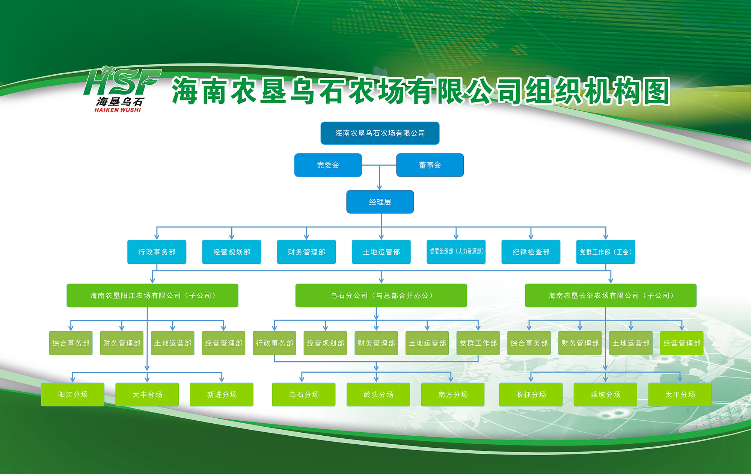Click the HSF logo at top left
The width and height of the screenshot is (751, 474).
122,89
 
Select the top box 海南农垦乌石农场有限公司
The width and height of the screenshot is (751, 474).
380,133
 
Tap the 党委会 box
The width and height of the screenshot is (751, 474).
328,165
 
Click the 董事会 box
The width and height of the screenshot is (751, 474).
430,165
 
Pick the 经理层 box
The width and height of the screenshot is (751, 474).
380,202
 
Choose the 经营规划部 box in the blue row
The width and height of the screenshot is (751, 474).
232,252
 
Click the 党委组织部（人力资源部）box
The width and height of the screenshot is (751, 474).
456,252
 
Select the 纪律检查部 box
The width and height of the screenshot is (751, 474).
531,252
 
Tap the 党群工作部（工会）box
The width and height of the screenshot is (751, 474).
606,252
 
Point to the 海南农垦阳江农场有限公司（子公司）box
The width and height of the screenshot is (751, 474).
152,296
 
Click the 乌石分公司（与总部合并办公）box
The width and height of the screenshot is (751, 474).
381,296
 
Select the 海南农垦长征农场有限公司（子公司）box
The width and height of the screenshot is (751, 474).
611,296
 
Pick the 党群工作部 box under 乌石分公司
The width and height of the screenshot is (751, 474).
478,343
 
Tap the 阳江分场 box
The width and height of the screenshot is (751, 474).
72,394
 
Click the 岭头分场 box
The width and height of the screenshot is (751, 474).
378,394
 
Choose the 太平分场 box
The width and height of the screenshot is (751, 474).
680,394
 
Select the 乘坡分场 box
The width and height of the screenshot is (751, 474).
605,394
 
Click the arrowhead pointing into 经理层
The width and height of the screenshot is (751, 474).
379,187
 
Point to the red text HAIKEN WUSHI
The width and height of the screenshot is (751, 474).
118,110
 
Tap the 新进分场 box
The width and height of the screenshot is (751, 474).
222,394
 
